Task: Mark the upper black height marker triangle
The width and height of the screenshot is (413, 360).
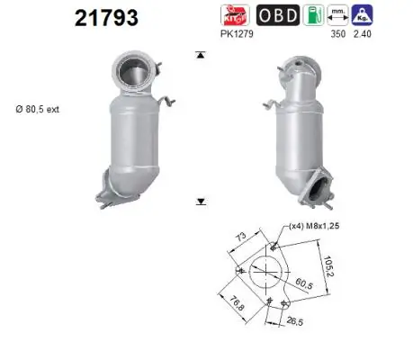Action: (x=200, y=56)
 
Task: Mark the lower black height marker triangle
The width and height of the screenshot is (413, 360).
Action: (x=200, y=202)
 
